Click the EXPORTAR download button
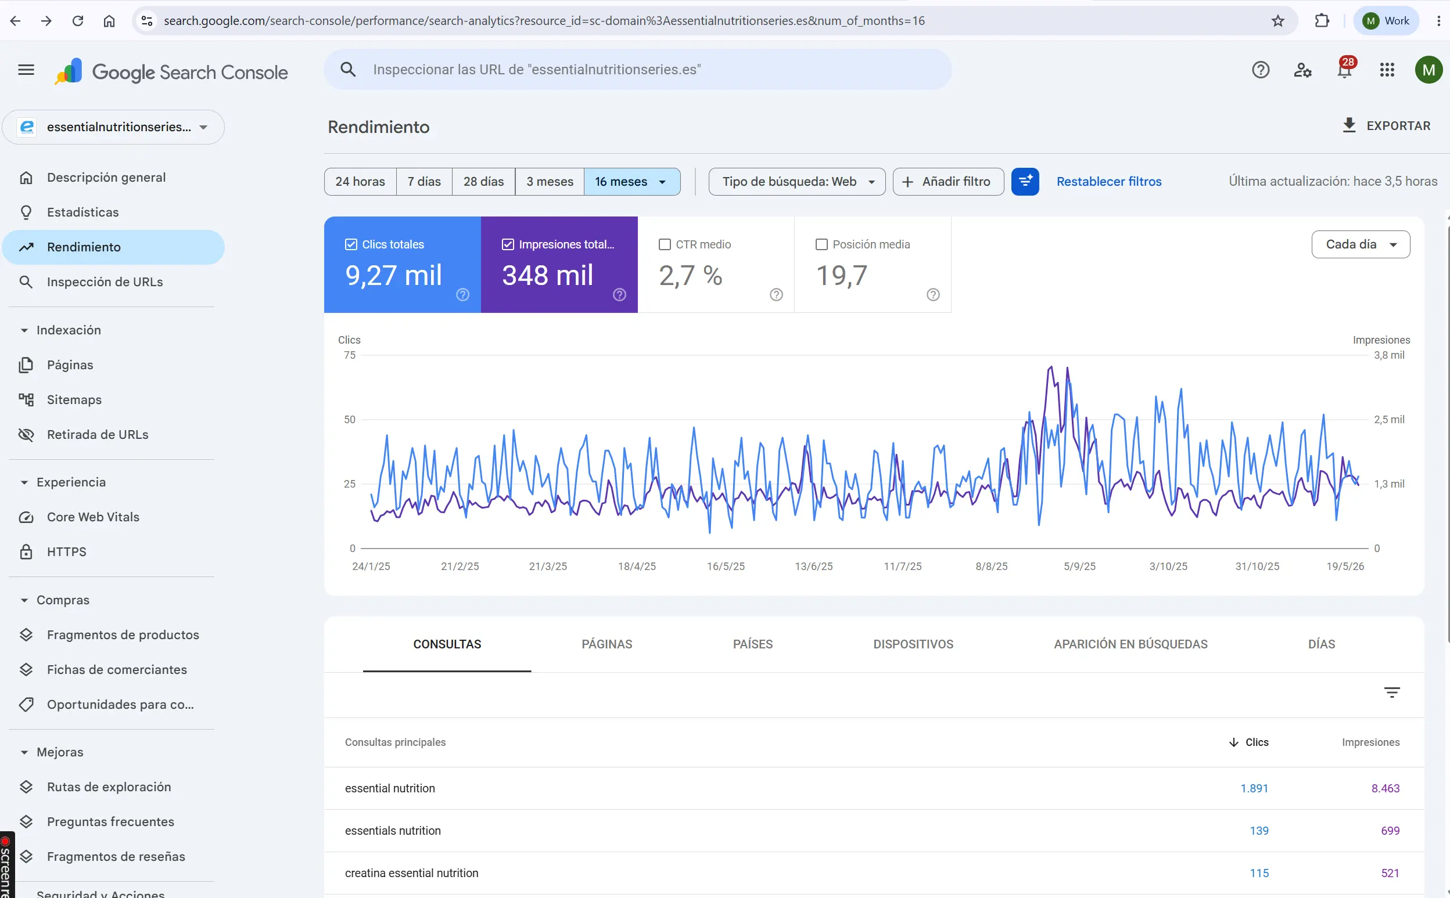click(x=1386, y=126)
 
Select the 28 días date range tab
click(x=483, y=182)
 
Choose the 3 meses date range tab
click(x=550, y=182)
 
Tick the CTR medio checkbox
click(x=665, y=245)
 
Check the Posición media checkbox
click(x=821, y=245)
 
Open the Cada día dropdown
click(x=1361, y=244)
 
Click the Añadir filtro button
click(x=948, y=182)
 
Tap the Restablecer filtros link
click(x=1108, y=182)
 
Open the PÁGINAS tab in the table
click(x=606, y=644)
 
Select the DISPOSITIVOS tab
click(x=913, y=644)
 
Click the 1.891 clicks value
click(x=1254, y=788)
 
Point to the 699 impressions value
click(x=1390, y=830)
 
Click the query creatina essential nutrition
click(x=411, y=873)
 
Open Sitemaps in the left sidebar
click(x=74, y=400)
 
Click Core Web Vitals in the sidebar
click(x=93, y=517)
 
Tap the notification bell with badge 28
click(x=1345, y=70)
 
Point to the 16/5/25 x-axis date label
click(x=726, y=566)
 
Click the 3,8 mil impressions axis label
click(x=1389, y=355)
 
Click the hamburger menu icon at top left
click(x=26, y=70)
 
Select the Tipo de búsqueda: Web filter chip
click(x=797, y=182)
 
